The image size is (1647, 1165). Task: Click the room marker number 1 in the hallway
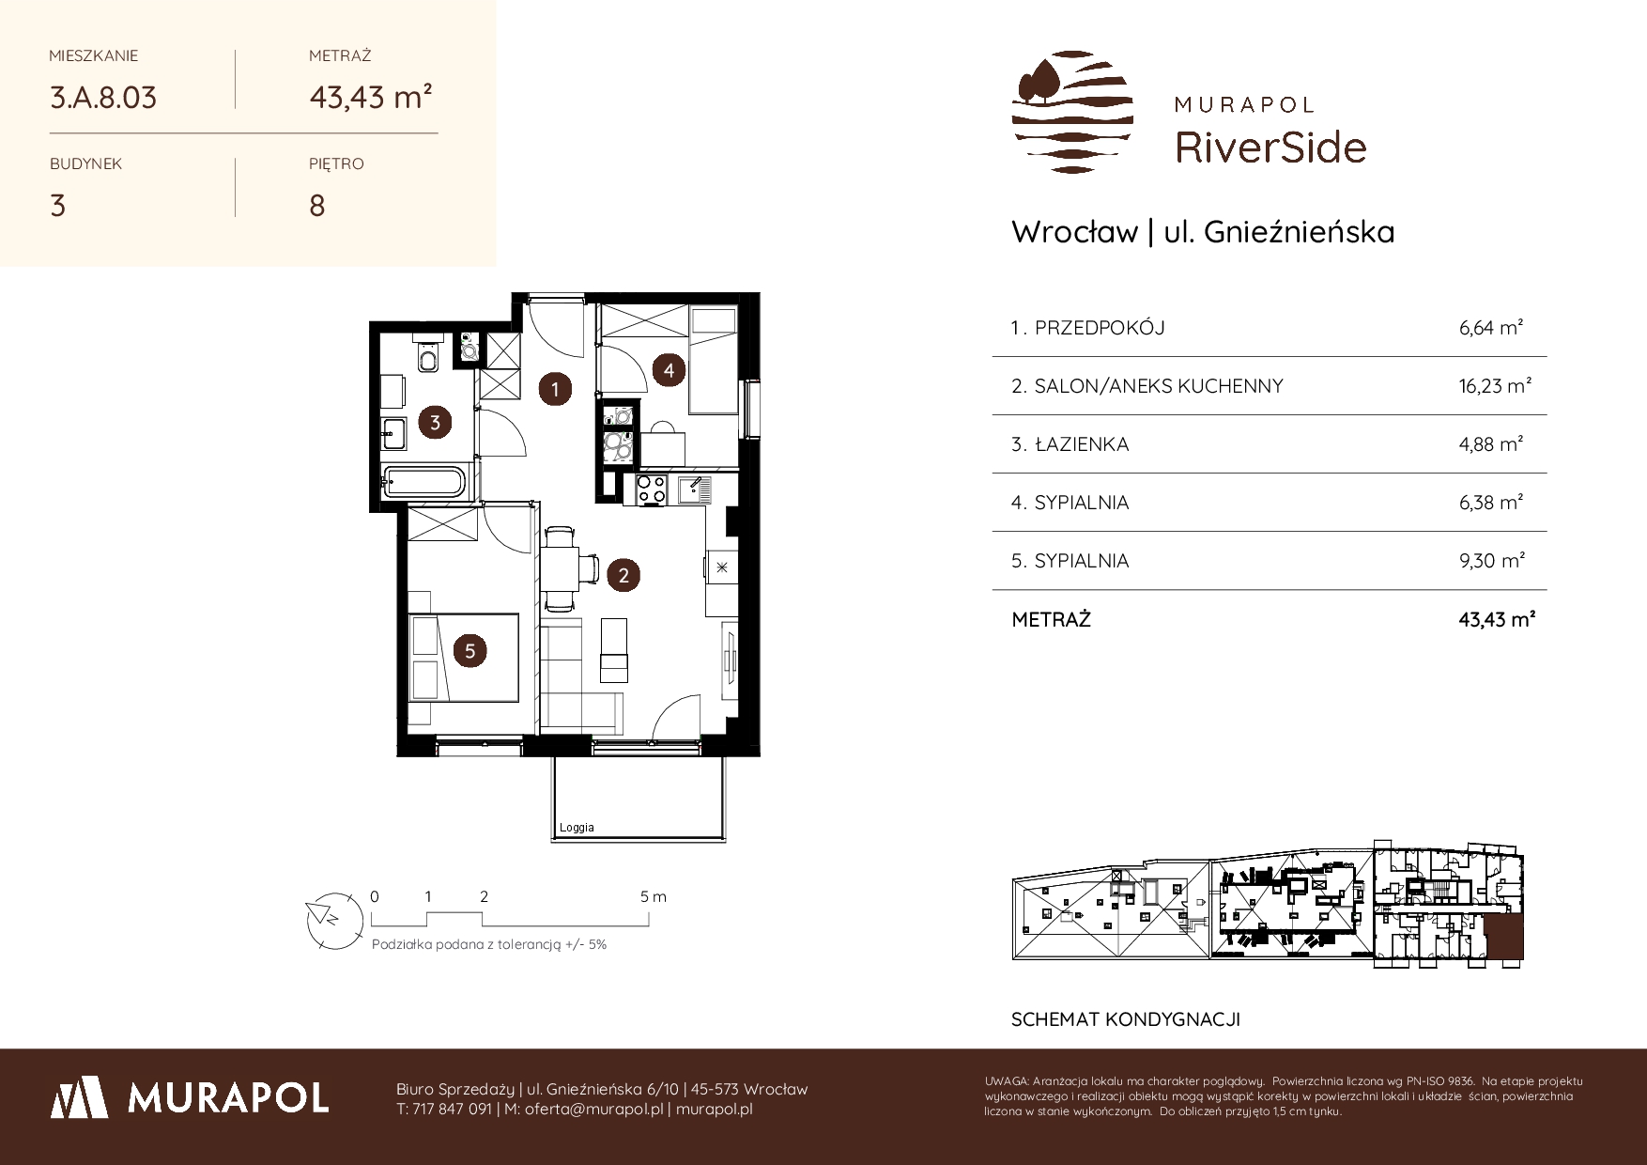click(x=555, y=388)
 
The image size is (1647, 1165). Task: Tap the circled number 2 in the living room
click(x=623, y=575)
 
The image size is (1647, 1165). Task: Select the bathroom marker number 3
click(x=435, y=423)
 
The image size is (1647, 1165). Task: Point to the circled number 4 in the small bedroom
click(x=669, y=370)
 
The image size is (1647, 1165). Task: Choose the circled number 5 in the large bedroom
click(x=469, y=650)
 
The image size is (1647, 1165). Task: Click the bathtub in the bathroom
click(x=424, y=481)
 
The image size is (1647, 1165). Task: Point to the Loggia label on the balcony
click(x=577, y=828)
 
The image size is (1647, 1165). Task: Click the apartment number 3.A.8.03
click(x=103, y=98)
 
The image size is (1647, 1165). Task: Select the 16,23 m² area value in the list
click(x=1496, y=386)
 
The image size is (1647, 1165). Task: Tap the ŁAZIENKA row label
click(x=1081, y=444)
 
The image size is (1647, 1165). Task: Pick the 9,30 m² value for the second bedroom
click(x=1492, y=561)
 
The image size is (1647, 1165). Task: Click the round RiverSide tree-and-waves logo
click(x=1072, y=112)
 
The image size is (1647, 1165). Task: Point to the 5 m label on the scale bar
click(x=654, y=896)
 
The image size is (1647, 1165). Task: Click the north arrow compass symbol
click(x=334, y=917)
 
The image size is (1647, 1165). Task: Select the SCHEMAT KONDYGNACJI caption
click(x=1126, y=1019)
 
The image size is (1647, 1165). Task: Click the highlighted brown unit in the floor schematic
click(x=1505, y=940)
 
